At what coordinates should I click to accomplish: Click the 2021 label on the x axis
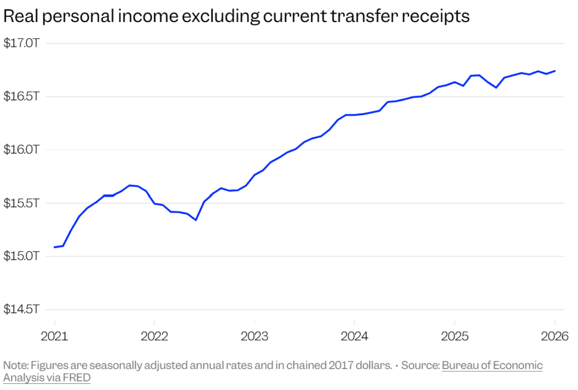point(54,338)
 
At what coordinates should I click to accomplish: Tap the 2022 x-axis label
point(154,338)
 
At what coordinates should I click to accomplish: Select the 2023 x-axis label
point(254,338)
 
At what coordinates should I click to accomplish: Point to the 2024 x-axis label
point(354,338)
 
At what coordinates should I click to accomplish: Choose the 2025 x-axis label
point(454,338)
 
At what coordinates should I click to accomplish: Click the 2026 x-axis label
point(554,338)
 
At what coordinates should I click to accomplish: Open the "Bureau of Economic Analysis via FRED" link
point(492,366)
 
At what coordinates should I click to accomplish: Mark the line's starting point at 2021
point(54,247)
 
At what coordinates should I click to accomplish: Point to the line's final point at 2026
point(555,71)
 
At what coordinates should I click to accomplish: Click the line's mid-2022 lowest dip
point(195,220)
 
